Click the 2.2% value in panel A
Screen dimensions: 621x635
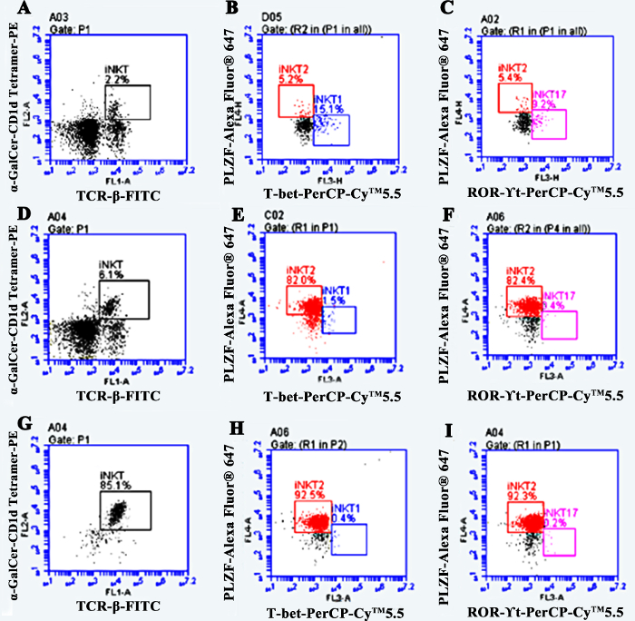click(116, 80)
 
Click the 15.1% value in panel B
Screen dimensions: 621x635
click(329, 110)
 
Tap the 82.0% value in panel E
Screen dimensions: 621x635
click(301, 281)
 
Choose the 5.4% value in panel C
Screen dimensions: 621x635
click(510, 78)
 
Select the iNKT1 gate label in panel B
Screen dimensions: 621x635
click(328, 99)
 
